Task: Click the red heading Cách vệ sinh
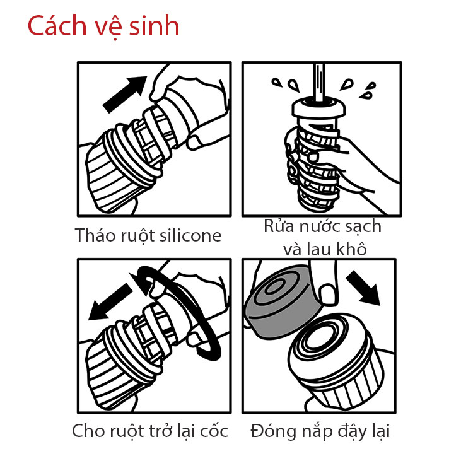[x=103, y=26]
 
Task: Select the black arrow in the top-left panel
[x=124, y=91]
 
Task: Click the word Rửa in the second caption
[x=278, y=226]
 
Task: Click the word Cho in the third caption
[x=86, y=431]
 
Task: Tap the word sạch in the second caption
[x=361, y=226]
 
